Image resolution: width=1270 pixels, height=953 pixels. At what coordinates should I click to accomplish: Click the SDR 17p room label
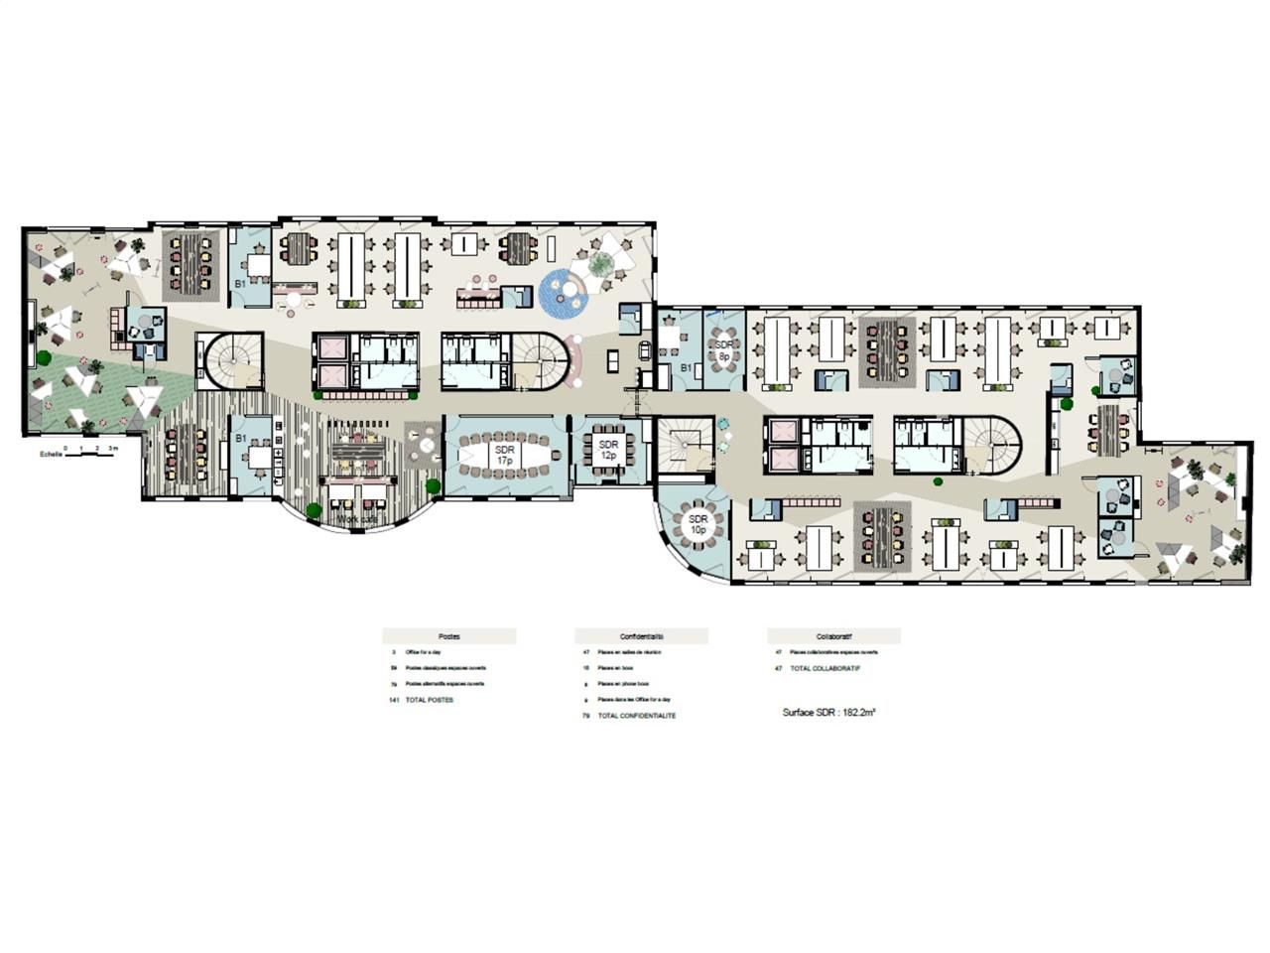click(x=505, y=456)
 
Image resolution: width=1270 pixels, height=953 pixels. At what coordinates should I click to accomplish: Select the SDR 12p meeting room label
click(x=608, y=450)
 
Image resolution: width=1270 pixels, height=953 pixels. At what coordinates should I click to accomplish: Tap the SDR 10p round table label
click(x=698, y=524)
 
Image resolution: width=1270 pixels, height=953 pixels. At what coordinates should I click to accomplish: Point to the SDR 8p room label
click(x=724, y=349)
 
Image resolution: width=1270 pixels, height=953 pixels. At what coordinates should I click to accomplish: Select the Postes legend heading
click(x=448, y=636)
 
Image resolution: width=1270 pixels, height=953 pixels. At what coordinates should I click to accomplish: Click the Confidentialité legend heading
click(x=641, y=636)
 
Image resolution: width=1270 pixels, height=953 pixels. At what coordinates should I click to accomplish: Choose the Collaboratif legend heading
click(x=833, y=636)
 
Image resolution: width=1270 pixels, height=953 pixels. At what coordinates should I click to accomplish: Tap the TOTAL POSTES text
click(x=429, y=700)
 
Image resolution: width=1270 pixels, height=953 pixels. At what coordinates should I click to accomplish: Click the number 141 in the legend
click(x=393, y=700)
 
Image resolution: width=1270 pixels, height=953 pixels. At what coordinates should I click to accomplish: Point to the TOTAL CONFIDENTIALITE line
click(x=636, y=716)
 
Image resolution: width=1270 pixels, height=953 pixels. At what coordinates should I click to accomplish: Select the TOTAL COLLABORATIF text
click(x=825, y=668)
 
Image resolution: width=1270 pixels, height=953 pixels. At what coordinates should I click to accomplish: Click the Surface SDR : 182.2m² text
click(x=828, y=712)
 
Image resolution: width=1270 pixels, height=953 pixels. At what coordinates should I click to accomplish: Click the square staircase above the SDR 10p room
click(x=684, y=444)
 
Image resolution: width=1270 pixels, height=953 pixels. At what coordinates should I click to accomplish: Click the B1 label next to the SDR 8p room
click(x=686, y=368)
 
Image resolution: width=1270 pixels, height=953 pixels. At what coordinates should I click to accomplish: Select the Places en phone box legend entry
click(x=623, y=684)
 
